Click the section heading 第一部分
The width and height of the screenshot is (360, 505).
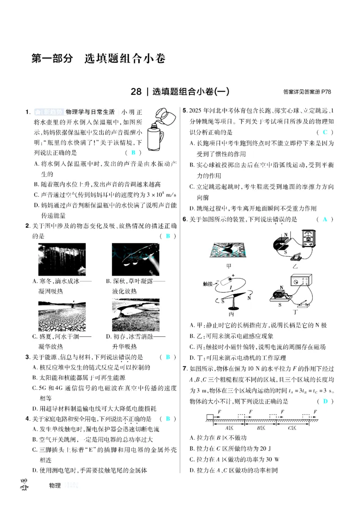52,58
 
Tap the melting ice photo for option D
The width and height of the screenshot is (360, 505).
135,315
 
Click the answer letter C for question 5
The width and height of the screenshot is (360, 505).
324,132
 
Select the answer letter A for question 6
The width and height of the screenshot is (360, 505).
324,219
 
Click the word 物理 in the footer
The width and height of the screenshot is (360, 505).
54,485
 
